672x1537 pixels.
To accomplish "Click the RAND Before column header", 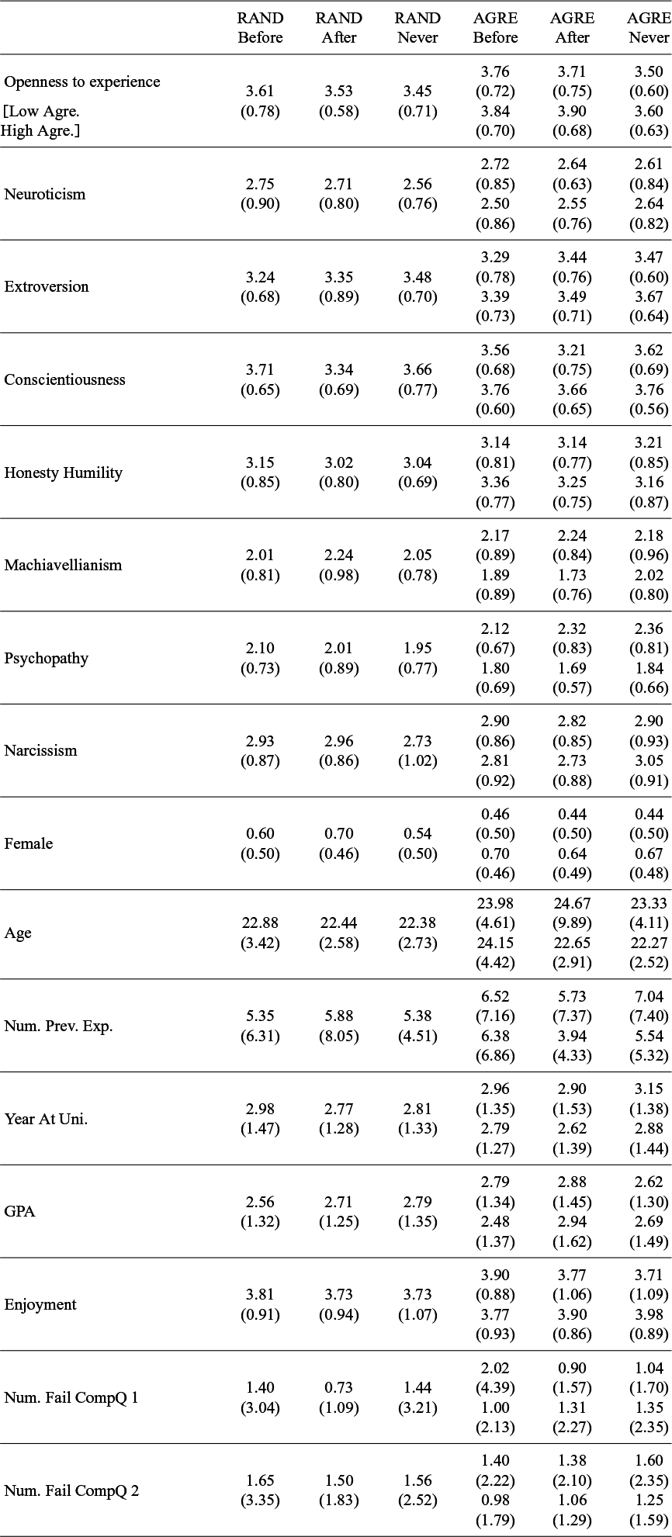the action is click(261, 28).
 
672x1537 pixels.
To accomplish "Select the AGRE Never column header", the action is click(649, 28).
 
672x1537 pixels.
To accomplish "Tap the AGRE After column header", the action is click(573, 28).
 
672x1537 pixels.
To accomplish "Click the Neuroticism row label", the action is click(45, 194).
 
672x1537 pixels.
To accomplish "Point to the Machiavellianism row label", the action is click(64, 565).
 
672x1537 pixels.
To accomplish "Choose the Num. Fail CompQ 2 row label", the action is click(71, 1490).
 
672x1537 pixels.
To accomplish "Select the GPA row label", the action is click(19, 1211).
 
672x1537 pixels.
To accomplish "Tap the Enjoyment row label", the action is click(40, 1304).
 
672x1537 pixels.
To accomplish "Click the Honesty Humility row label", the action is click(64, 473).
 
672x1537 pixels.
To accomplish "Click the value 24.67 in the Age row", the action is click(573, 903).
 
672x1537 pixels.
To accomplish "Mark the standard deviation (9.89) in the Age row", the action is click(573, 923).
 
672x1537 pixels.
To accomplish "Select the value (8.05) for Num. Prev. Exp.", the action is click(339, 1036).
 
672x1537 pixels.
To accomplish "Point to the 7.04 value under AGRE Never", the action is click(649, 996).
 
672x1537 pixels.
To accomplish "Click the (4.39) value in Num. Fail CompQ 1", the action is click(495, 1388).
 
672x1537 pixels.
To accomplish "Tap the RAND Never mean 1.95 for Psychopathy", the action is click(417, 648).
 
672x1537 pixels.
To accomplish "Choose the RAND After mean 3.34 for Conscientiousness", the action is click(339, 369).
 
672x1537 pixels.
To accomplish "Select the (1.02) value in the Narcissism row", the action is click(417, 761).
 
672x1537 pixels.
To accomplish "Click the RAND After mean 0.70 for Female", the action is click(339, 833).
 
